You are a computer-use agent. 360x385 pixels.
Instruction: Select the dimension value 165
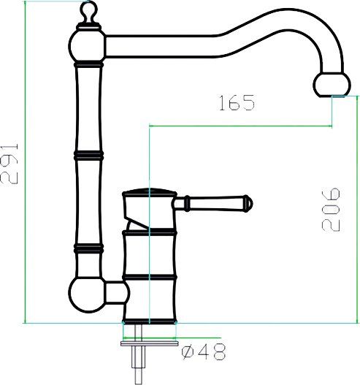tap(236, 102)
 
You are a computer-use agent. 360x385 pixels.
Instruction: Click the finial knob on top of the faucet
tap(88, 12)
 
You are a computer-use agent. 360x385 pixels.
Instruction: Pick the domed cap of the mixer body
tap(150, 194)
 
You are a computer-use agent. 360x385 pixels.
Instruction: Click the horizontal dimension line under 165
tap(241, 126)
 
